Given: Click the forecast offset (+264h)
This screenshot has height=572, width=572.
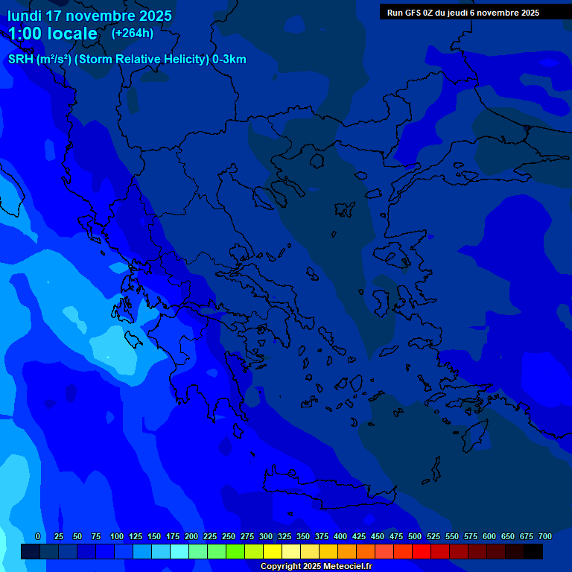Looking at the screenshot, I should pyautogui.click(x=133, y=34).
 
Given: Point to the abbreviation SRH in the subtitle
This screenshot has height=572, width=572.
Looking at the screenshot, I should pyautogui.click(x=21, y=60).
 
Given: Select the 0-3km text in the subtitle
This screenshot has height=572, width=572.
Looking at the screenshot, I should pyautogui.click(x=229, y=60).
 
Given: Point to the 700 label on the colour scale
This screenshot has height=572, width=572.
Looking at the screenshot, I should pyautogui.click(x=544, y=536).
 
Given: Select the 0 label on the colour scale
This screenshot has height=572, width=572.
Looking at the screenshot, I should pyautogui.click(x=38, y=536).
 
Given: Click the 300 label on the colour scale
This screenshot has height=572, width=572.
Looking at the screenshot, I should pyautogui.click(x=266, y=536).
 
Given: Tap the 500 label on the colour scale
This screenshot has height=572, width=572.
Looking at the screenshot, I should pyautogui.click(x=415, y=536).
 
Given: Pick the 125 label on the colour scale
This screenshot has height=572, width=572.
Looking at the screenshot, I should pyautogui.click(x=136, y=536).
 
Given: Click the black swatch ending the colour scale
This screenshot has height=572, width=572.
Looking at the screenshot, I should pyautogui.click(x=533, y=552).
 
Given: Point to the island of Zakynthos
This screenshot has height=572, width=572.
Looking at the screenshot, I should pyautogui.click(x=134, y=340).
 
